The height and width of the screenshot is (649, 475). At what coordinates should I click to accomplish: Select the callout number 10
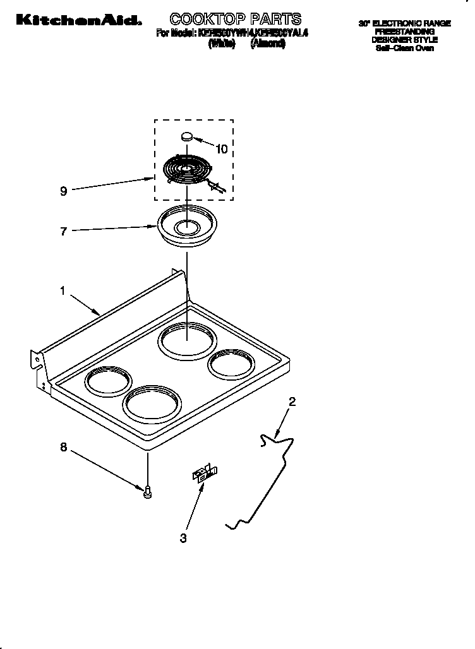[221, 150]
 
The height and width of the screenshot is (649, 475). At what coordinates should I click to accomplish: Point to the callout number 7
[63, 232]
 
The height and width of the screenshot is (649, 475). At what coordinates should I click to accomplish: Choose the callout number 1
[63, 290]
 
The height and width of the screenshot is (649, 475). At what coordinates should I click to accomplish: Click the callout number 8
[63, 448]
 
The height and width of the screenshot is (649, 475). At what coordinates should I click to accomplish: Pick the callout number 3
[183, 538]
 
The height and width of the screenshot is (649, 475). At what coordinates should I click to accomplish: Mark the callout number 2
[292, 402]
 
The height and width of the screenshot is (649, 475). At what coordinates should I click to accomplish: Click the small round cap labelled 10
[187, 135]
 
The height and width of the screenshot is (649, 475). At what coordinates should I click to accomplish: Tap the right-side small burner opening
[232, 366]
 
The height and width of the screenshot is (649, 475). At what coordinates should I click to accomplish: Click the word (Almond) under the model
[268, 43]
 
